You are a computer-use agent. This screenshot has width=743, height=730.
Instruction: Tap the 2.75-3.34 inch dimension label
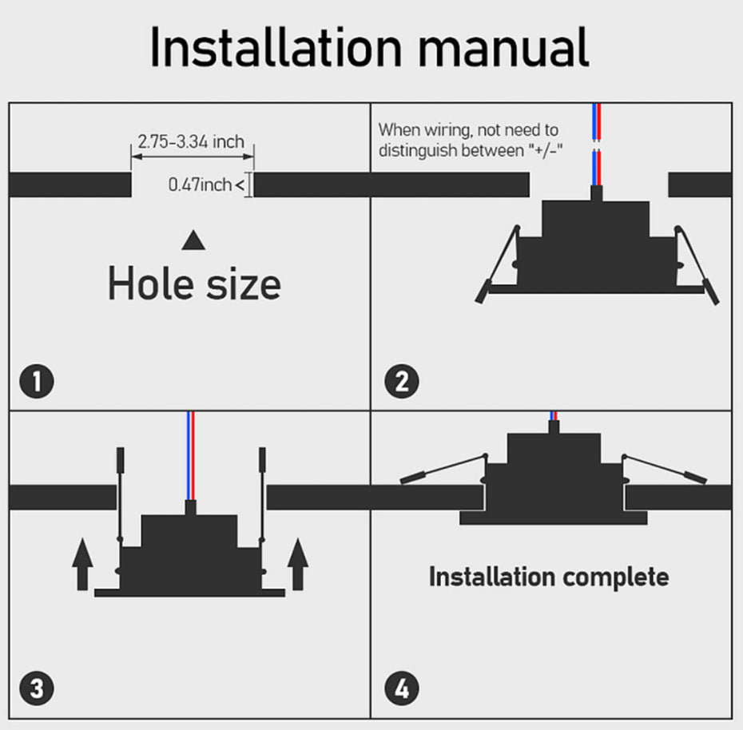pyautogui.click(x=191, y=141)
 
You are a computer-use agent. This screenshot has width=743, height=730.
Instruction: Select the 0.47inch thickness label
pyautogui.click(x=200, y=184)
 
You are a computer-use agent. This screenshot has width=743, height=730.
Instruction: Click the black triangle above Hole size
pyautogui.click(x=193, y=240)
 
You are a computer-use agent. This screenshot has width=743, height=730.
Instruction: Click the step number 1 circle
pyautogui.click(x=37, y=381)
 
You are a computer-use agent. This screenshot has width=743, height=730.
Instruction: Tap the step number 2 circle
pyautogui.click(x=402, y=381)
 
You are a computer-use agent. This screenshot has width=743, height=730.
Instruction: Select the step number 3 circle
pyautogui.click(x=37, y=688)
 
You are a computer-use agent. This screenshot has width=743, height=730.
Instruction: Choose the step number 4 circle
pyautogui.click(x=402, y=688)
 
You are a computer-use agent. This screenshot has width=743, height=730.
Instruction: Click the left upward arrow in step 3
pyautogui.click(x=82, y=564)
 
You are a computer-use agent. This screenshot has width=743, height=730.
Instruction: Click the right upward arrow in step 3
pyautogui.click(x=298, y=564)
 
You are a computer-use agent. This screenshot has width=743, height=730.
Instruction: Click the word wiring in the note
pyautogui.click(x=447, y=130)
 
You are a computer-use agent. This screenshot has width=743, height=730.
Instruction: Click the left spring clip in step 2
pyautogui.click(x=498, y=263)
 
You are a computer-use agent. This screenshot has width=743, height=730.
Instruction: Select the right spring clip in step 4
pyautogui.click(x=665, y=469)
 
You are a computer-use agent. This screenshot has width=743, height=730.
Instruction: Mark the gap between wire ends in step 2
pyautogui.click(x=597, y=145)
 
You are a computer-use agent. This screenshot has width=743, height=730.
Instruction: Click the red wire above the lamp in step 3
pyautogui.click(x=193, y=455)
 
